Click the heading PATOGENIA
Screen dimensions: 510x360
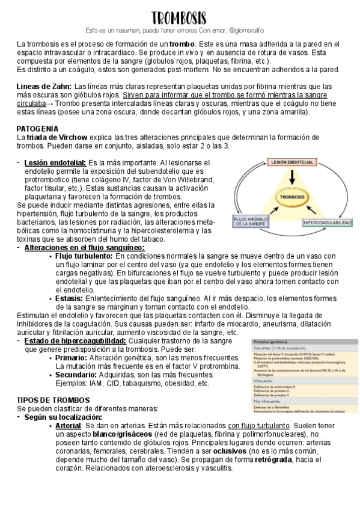tap(37, 129)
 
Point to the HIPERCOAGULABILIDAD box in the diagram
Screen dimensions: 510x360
tap(327, 223)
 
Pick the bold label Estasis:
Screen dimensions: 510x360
tap(71, 298)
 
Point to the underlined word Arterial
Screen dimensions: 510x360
tap(68, 425)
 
